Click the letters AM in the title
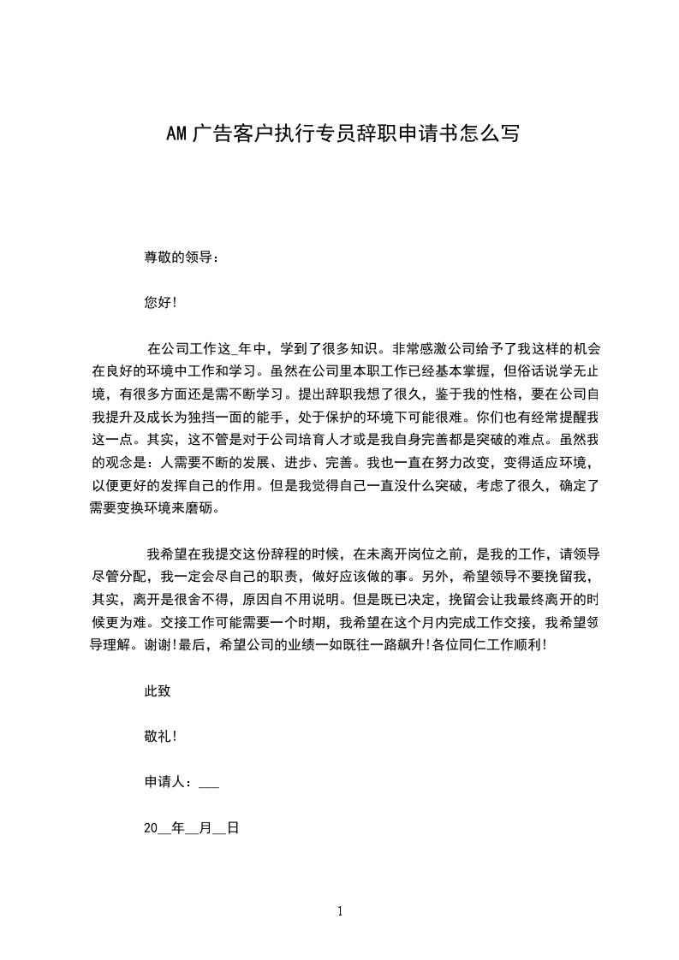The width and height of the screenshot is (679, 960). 176,133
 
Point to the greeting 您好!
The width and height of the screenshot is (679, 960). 161,302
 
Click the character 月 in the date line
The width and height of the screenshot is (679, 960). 204,828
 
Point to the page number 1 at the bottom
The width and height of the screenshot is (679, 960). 340,911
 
